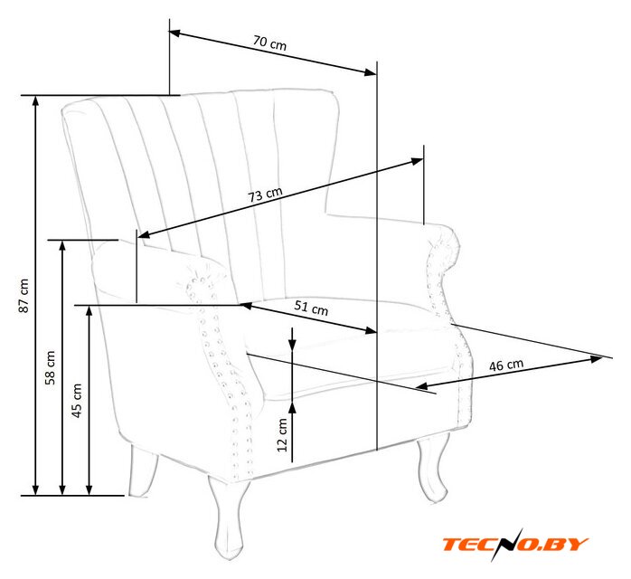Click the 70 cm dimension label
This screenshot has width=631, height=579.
(271, 43)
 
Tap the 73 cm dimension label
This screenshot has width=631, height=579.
(266, 194)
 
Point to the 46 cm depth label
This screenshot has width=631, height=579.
(506, 365)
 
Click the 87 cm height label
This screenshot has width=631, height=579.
(24, 296)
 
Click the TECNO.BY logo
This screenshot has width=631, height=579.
(515, 544)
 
